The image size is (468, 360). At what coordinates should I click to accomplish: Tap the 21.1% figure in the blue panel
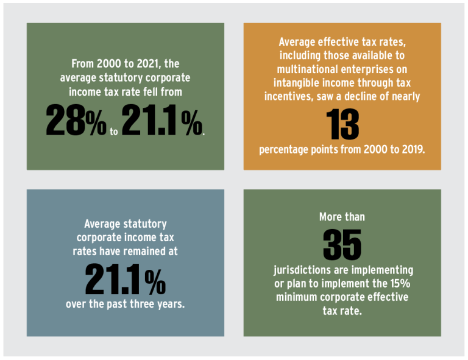[x=125, y=278]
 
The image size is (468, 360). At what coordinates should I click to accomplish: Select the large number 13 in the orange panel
[x=342, y=124]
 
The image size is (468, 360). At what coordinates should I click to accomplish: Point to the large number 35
[x=342, y=244]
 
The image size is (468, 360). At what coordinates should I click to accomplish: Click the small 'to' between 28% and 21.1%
[x=114, y=130]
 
